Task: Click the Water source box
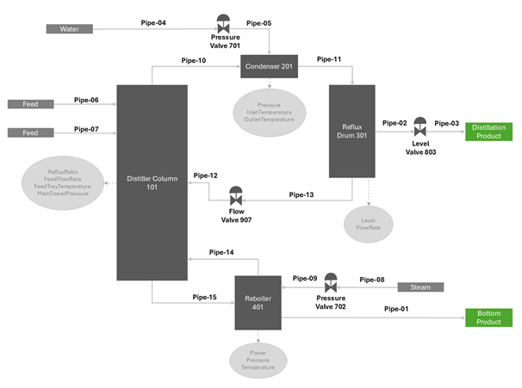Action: pyautogui.click(x=69, y=29)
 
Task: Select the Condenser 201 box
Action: pyautogui.click(x=269, y=67)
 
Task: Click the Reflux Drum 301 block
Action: pyautogui.click(x=351, y=131)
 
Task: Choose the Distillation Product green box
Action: pyautogui.click(x=489, y=132)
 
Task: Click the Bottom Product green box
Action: pyautogui.click(x=489, y=317)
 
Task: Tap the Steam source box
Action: pyautogui.click(x=419, y=286)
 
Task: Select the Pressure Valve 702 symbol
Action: pyautogui.click(x=330, y=281)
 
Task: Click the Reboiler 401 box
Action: pyautogui.click(x=258, y=303)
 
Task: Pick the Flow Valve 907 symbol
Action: pyautogui.click(x=236, y=195)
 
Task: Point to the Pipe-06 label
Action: pyautogui.click(x=86, y=100)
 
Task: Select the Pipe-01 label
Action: pyautogui.click(x=396, y=309)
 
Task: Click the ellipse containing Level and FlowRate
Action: pyautogui.click(x=368, y=225)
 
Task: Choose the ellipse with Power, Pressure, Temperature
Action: pyautogui.click(x=258, y=359)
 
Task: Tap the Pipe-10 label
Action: pyautogui.click(x=194, y=60)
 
